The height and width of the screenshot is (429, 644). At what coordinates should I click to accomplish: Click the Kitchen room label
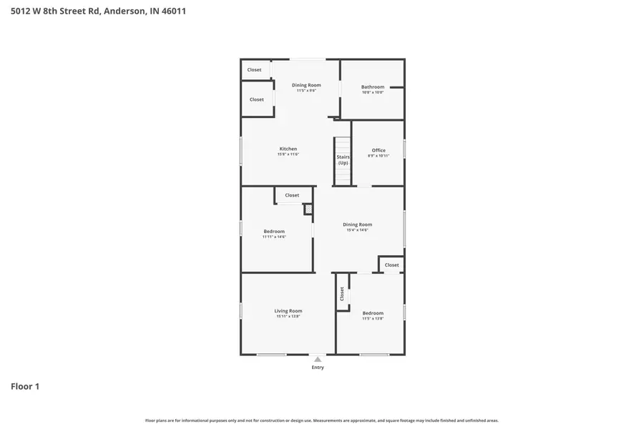click(288, 149)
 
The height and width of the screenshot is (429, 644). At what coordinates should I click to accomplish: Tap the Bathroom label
click(373, 87)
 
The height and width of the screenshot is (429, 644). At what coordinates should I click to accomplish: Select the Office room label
click(379, 150)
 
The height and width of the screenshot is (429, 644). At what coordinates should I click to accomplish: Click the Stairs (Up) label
click(343, 159)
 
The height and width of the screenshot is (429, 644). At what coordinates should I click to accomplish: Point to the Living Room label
click(288, 311)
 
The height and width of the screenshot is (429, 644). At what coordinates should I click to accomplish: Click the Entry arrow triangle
click(318, 359)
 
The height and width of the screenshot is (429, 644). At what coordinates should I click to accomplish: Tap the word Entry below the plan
click(318, 368)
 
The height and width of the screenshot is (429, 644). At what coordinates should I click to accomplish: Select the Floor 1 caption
click(25, 387)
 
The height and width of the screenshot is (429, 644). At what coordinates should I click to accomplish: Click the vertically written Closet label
click(342, 293)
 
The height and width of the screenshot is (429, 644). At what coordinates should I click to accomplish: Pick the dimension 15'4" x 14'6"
click(357, 230)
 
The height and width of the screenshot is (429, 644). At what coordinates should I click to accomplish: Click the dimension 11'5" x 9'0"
click(306, 91)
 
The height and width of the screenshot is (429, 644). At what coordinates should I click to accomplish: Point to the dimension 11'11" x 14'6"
click(274, 237)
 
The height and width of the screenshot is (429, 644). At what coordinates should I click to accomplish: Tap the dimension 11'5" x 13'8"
click(373, 319)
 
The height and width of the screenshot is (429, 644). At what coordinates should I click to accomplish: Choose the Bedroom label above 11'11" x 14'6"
click(274, 231)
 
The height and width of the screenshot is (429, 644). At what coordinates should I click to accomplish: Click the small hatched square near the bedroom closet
click(308, 209)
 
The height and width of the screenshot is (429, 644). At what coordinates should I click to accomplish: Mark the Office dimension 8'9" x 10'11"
click(379, 156)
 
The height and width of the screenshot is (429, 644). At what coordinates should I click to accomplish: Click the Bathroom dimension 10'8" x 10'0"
click(373, 93)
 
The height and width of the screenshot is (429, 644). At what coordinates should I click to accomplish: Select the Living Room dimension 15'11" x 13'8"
click(288, 317)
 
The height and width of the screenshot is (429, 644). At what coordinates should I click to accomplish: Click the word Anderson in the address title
click(126, 11)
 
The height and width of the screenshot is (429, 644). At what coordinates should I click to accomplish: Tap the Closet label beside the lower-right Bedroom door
click(391, 265)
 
